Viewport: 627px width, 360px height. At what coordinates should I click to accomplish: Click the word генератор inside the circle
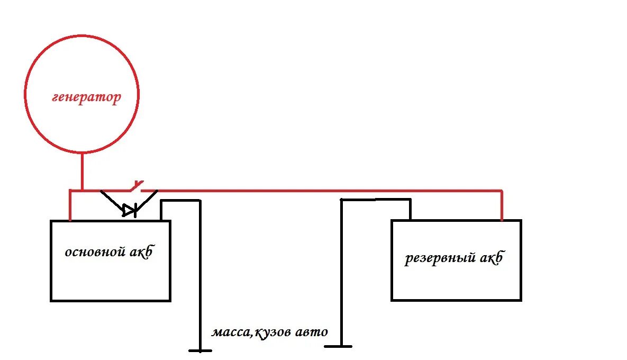pos(86,98)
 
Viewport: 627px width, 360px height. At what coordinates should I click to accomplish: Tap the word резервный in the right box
pos(439,259)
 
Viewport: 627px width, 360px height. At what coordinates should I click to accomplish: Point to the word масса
pos(231,333)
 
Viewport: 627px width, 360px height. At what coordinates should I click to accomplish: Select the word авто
pos(312,332)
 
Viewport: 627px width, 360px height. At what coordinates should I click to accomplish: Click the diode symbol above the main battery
pos(130,210)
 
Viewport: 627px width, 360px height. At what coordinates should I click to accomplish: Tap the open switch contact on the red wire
pos(138,185)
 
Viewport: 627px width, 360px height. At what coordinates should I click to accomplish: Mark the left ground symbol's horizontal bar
pos(200,350)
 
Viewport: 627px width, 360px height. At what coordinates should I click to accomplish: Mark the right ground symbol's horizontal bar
pos(338,346)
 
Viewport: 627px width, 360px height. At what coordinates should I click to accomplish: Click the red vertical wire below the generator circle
pos(82,171)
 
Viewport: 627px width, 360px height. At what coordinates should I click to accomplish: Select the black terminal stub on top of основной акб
pos(161,211)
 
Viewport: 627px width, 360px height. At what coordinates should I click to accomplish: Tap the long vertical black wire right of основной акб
pos(200,275)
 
